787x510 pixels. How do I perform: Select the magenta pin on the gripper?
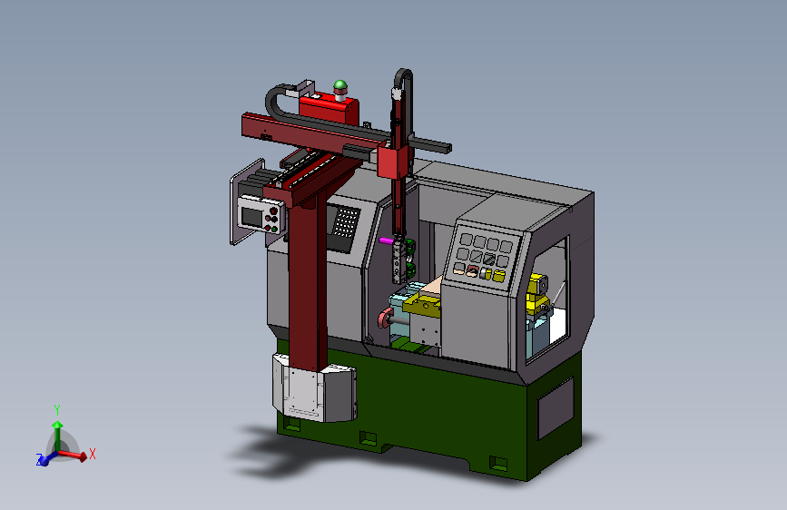tap(386, 240)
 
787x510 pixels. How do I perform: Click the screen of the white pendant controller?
tap(252, 216)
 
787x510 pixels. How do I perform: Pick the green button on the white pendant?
tap(274, 230)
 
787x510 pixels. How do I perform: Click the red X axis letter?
tap(92, 455)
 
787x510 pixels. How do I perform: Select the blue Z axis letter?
tap(39, 459)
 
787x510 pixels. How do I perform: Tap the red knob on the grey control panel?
tap(472, 271)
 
